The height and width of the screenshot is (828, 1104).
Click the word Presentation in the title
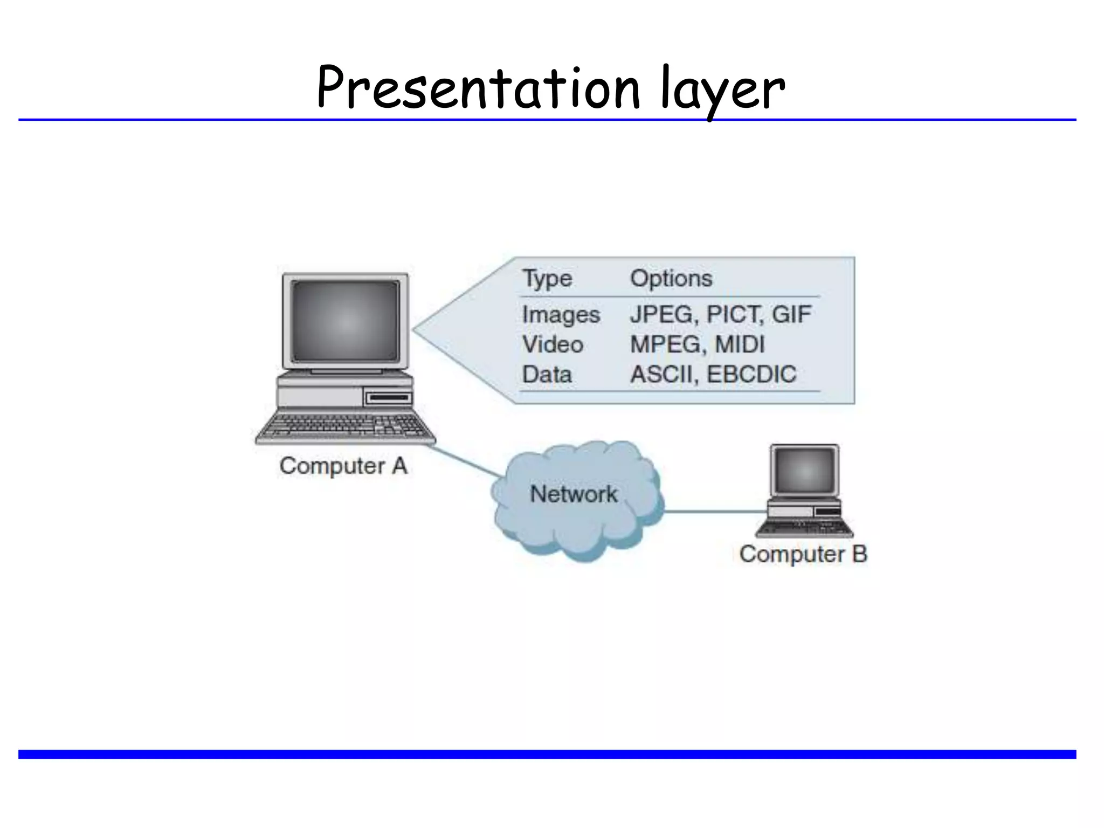(x=477, y=88)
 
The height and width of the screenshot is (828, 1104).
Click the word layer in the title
(x=722, y=89)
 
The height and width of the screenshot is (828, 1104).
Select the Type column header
(x=547, y=279)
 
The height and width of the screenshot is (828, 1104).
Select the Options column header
(x=671, y=279)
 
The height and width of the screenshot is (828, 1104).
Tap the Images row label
(x=561, y=315)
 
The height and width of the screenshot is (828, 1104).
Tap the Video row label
(x=553, y=344)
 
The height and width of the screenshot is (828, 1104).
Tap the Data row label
(x=547, y=374)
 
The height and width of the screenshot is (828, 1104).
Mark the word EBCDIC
(x=751, y=374)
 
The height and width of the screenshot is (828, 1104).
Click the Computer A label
(x=343, y=466)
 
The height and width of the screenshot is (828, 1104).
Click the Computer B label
(x=803, y=554)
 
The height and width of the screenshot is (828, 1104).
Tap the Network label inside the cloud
(x=574, y=494)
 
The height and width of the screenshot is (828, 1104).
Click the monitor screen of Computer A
(x=345, y=321)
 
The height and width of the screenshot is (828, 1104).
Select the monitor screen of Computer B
(x=804, y=470)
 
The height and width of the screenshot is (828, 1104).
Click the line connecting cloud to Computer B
(x=714, y=512)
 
